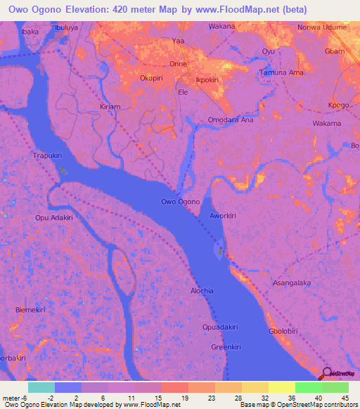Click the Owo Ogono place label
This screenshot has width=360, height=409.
pyautogui.click(x=181, y=202)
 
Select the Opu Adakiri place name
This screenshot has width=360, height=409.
pyautogui.click(x=54, y=218)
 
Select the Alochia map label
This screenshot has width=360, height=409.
pyautogui.click(x=201, y=290)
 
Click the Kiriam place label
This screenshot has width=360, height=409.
pyautogui.click(x=111, y=107)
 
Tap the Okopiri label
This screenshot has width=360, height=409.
pyautogui.click(x=153, y=78)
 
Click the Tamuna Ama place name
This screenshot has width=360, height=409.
pyautogui.click(x=281, y=73)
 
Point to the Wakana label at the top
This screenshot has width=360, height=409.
pyautogui.click(x=221, y=27)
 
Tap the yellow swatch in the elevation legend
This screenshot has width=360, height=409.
pyautogui.click(x=281, y=387)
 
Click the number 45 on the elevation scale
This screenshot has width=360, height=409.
pyautogui.click(x=344, y=397)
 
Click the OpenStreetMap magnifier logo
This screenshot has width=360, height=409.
pyautogui.click(x=328, y=373)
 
